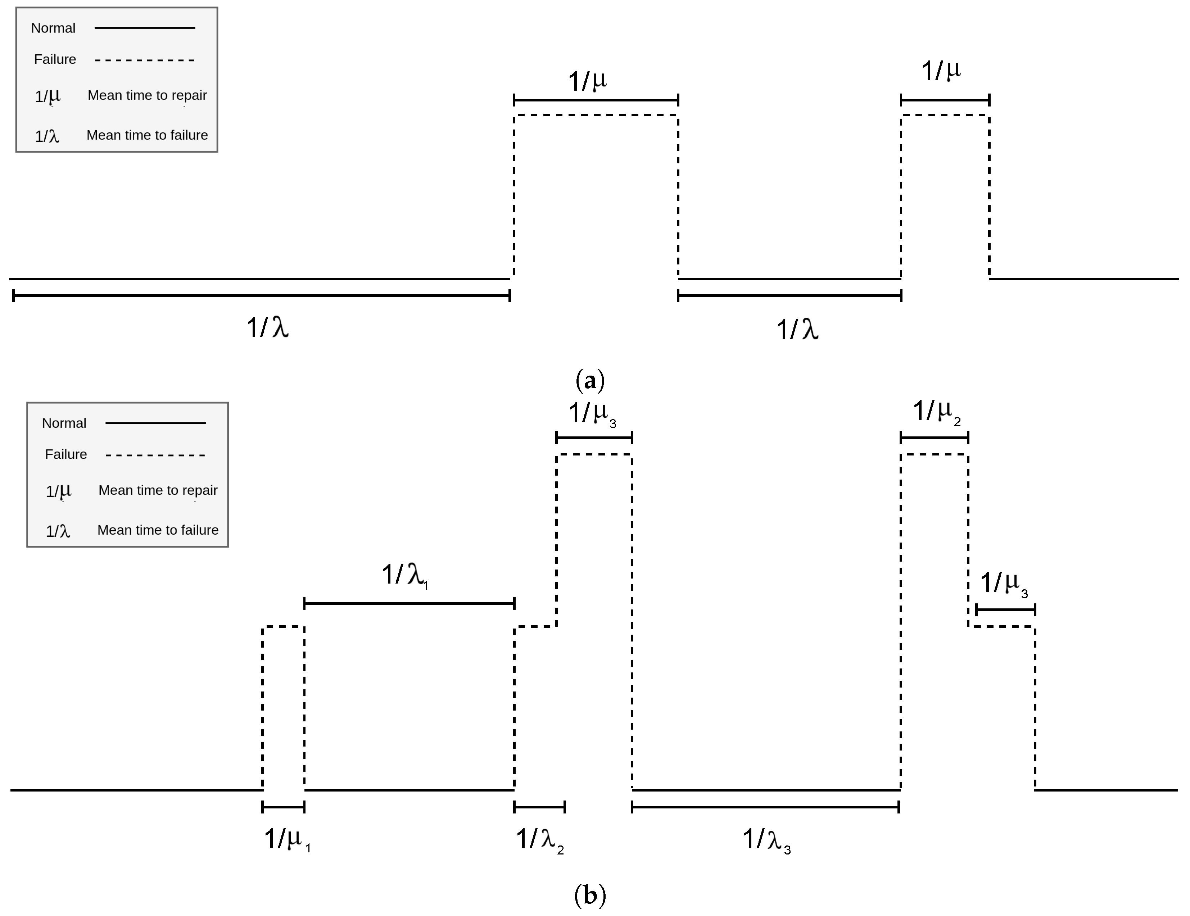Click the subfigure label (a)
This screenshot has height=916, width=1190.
click(x=590, y=380)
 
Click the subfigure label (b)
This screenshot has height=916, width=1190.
click(x=590, y=895)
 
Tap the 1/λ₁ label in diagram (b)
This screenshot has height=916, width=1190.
click(x=405, y=575)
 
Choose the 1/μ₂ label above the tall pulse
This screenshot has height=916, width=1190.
click(x=936, y=412)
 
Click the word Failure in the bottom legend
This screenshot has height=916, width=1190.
click(x=65, y=454)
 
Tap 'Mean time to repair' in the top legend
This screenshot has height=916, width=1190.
click(x=147, y=95)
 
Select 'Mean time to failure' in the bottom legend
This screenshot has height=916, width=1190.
click(x=158, y=530)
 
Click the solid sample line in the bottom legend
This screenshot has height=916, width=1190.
click(x=155, y=423)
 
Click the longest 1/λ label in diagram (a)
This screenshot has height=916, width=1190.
click(x=267, y=327)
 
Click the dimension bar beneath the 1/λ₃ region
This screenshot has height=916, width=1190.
click(x=765, y=807)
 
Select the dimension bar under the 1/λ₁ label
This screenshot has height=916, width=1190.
click(x=409, y=603)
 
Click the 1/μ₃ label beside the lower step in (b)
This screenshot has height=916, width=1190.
click(x=1004, y=584)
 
